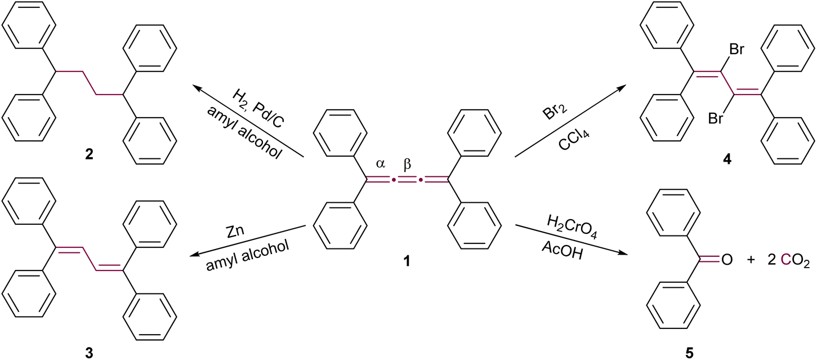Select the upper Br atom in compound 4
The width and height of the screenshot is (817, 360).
(x=735, y=49)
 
